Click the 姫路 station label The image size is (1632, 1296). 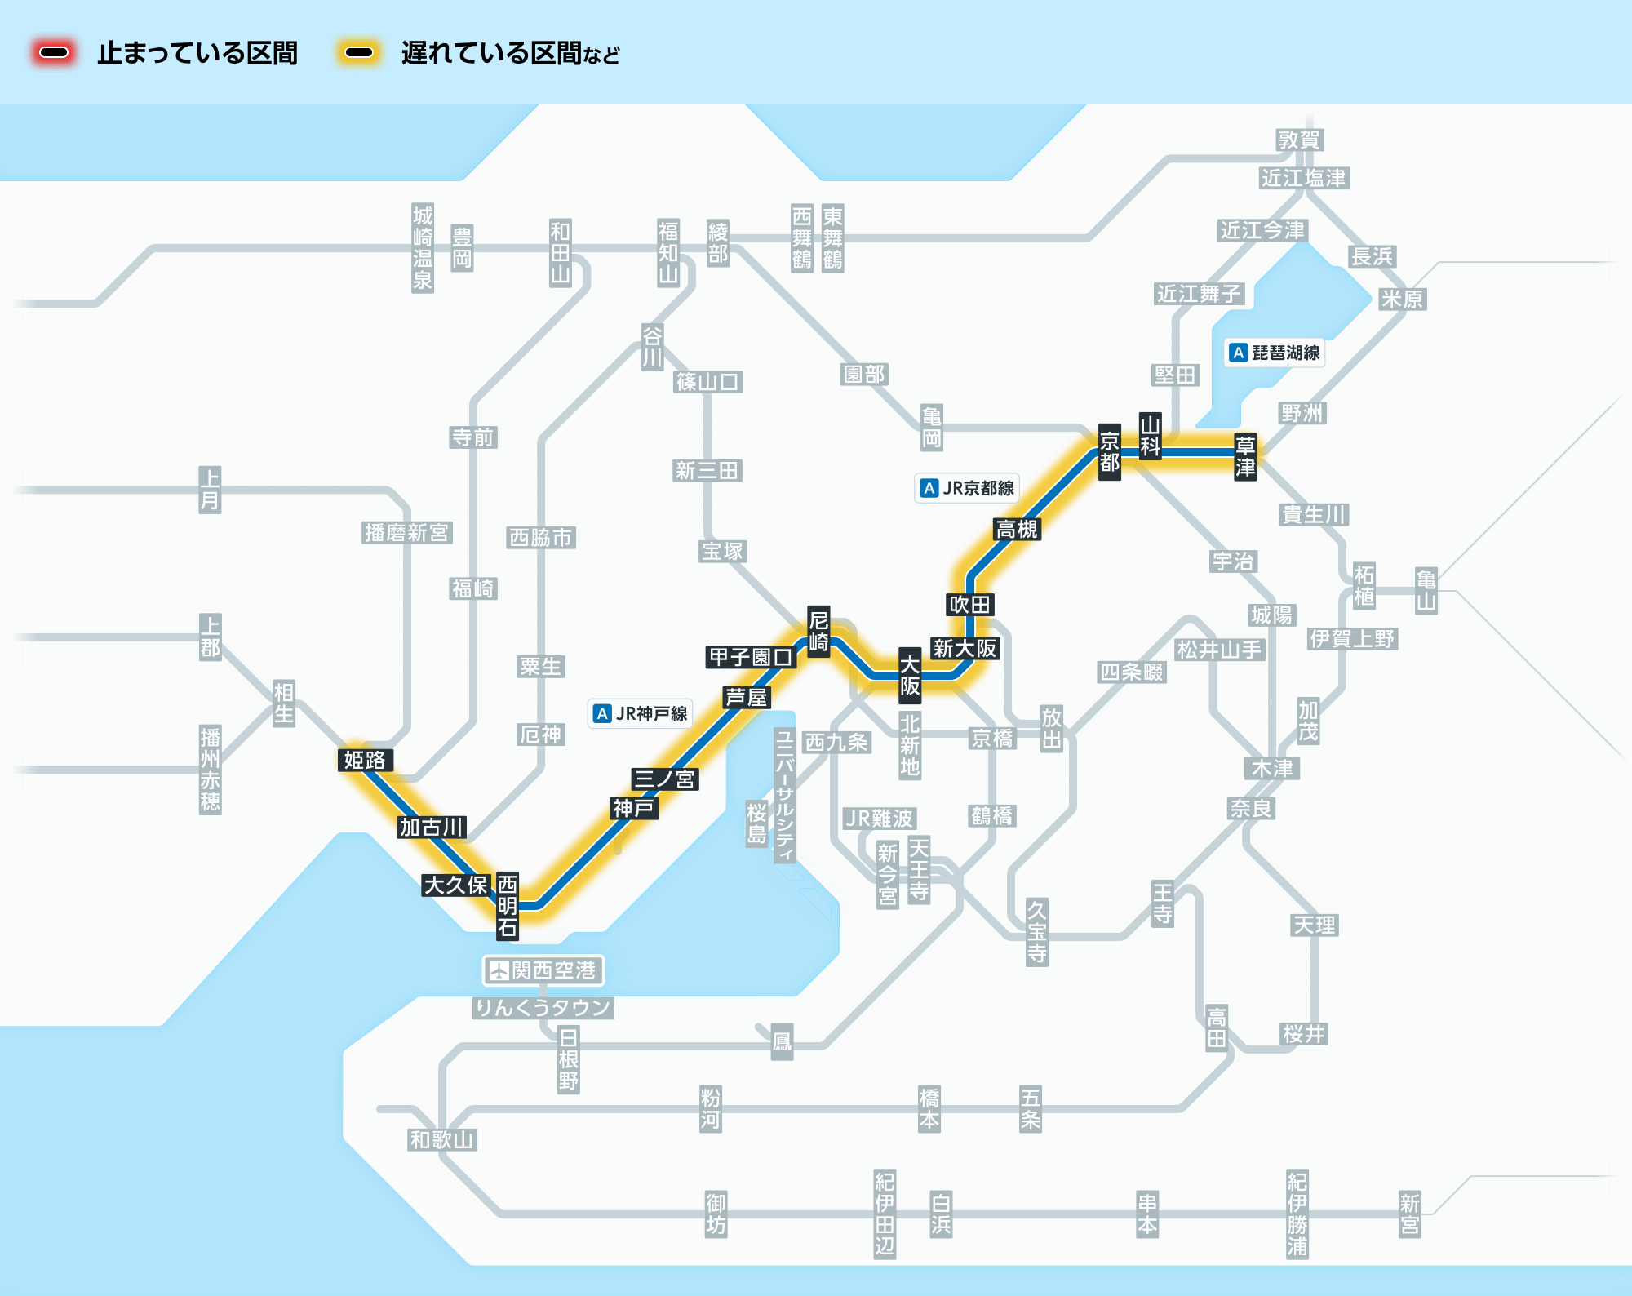365,760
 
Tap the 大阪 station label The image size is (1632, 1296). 910,675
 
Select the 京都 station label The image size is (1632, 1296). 1109,452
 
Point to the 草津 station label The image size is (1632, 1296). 1245,456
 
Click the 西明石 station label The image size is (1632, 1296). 508,906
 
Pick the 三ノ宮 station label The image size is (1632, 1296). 664,779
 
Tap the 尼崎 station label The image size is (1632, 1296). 818,631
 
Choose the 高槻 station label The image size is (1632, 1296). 1017,529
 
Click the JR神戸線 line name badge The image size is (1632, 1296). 641,713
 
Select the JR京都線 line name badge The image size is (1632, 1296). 967,488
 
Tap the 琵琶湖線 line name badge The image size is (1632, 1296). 1275,353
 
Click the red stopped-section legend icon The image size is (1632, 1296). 54,53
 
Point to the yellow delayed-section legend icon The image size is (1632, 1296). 359,53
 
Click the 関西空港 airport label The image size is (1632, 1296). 543,970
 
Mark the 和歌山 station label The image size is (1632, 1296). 441,1139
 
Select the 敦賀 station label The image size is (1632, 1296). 1299,140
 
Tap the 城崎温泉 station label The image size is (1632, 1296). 423,248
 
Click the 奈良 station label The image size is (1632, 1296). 1251,808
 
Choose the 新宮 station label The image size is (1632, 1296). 1410,1214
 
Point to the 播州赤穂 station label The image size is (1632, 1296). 211,770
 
